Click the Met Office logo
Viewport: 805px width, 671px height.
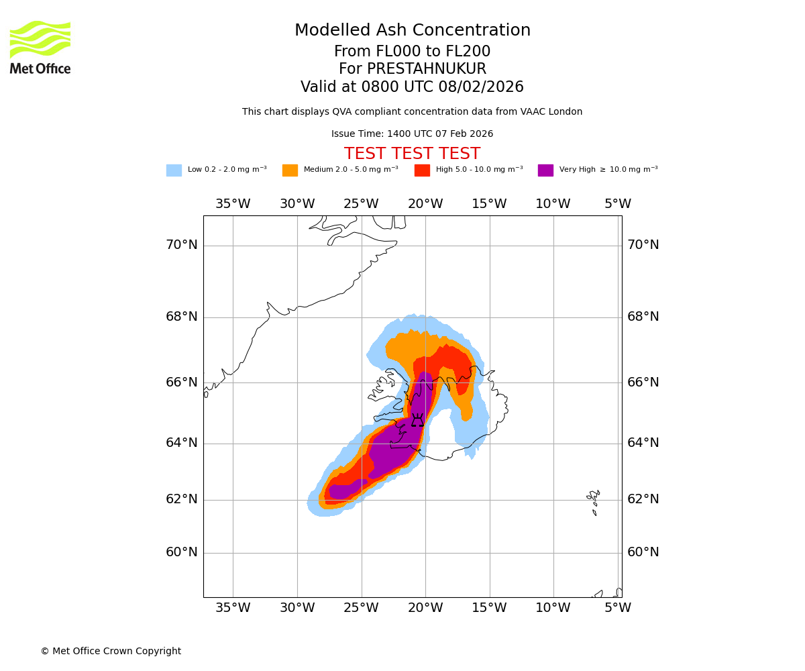[x=40, y=47]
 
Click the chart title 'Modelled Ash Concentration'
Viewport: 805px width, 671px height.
[x=412, y=31]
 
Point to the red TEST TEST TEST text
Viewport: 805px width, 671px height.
[x=412, y=154]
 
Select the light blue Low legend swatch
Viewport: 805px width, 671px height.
[x=174, y=170]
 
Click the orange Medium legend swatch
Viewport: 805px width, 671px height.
[x=290, y=170]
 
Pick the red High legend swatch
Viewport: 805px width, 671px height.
[x=422, y=170]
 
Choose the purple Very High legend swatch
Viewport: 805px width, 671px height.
[x=545, y=170]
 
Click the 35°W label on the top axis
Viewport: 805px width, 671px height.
[x=233, y=204]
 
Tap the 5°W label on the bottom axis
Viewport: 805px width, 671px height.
[x=617, y=608]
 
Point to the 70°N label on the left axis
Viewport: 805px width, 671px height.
[x=182, y=245]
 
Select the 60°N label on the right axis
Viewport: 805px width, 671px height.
[x=643, y=552]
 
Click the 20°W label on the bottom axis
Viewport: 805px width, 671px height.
[x=425, y=608]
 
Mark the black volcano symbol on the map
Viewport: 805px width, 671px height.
[x=417, y=421]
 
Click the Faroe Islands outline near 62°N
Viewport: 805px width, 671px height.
[x=593, y=501]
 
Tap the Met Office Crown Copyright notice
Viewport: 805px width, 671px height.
[x=111, y=651]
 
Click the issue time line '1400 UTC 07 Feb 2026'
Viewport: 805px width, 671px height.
[x=412, y=134]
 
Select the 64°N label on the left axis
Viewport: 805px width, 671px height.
[x=182, y=443]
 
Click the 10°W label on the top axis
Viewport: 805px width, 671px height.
[x=553, y=204]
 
